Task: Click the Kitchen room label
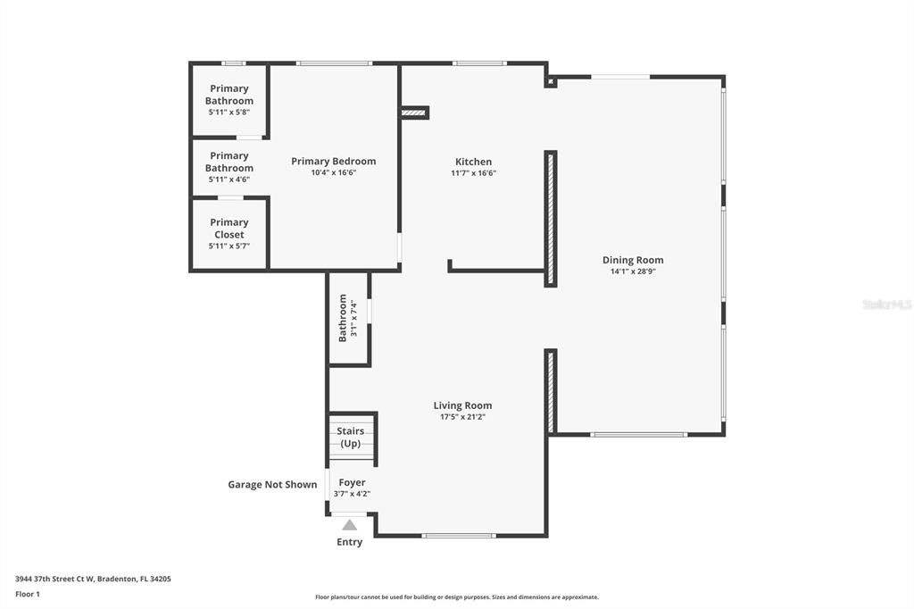click(x=473, y=162)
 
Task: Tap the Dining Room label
click(x=633, y=260)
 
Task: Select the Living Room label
click(x=462, y=405)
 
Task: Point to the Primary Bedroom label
click(x=334, y=162)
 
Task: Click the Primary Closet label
click(x=229, y=229)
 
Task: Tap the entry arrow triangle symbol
click(x=350, y=525)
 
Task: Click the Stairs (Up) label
click(x=350, y=438)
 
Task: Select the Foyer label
click(x=352, y=482)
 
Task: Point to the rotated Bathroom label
click(x=342, y=318)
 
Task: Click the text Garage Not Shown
click(x=272, y=485)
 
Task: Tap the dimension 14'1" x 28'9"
click(x=633, y=271)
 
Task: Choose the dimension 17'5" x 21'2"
click(x=462, y=417)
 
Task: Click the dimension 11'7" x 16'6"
click(x=473, y=173)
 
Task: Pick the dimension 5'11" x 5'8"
click(x=229, y=112)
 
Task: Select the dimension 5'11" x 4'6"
click(x=229, y=179)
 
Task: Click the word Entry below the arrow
click(x=350, y=542)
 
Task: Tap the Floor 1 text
click(x=28, y=594)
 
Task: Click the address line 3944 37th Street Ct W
click(x=93, y=579)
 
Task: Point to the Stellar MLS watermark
click(x=886, y=304)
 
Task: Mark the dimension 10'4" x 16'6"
click(x=334, y=173)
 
